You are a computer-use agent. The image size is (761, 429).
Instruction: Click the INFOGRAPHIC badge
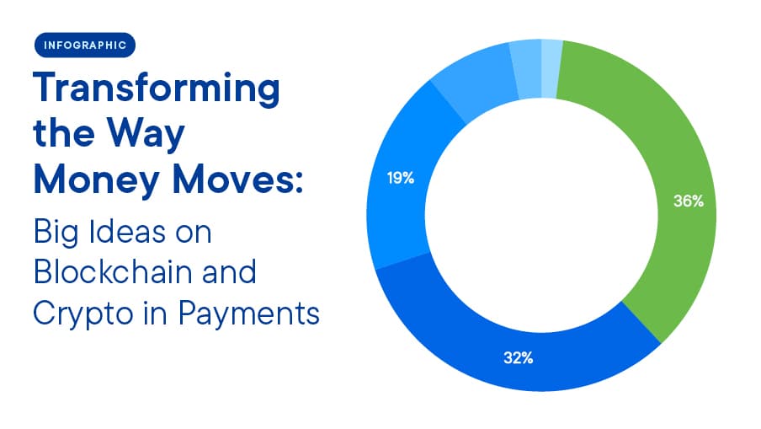coord(85,46)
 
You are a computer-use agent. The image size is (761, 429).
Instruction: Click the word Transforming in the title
coord(157,89)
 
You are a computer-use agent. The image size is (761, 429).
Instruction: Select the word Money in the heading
coord(97,180)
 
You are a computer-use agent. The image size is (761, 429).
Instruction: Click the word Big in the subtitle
coord(56,233)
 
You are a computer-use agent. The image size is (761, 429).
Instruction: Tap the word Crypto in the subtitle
coord(82,314)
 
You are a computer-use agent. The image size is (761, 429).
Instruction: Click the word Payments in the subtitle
coord(249,314)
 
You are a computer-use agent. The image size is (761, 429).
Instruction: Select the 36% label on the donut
coord(689,201)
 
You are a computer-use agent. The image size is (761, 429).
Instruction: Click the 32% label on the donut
coord(519,358)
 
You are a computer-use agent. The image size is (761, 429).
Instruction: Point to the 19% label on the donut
coord(401,179)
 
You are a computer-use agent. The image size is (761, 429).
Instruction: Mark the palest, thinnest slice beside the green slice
coord(551,68)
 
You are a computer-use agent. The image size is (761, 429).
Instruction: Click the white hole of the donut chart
coord(541,215)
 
